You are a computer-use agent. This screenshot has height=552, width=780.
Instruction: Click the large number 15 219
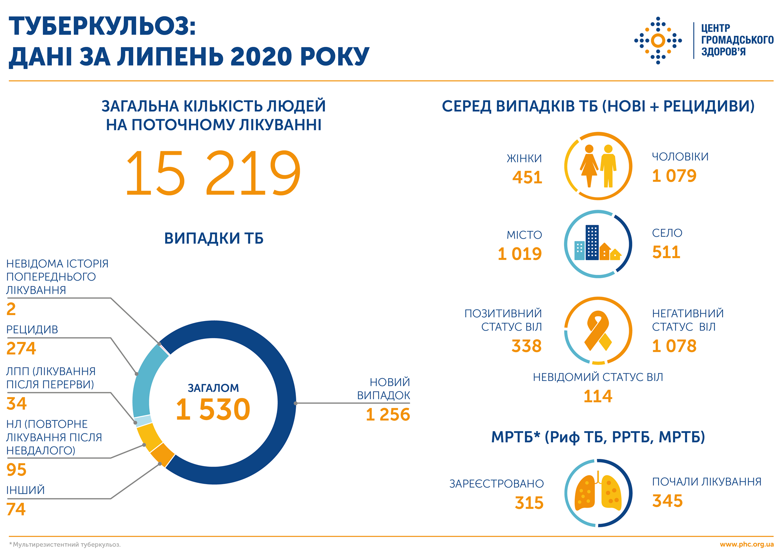[213, 173]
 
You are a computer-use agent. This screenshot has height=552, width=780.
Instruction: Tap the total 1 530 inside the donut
[213, 409]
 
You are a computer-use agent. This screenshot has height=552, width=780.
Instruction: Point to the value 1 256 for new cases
[387, 415]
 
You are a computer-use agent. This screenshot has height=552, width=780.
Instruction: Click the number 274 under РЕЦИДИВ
[21, 348]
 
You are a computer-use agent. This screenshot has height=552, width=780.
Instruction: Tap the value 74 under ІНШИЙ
[16, 509]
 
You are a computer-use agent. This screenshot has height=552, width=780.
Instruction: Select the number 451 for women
[527, 178]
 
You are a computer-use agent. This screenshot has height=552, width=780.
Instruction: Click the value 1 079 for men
[674, 176]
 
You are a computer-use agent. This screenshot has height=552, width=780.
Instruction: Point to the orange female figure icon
[589, 166]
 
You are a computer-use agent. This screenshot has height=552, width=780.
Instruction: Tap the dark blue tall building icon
[592, 242]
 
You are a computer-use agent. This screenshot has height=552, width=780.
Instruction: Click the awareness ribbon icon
[598, 331]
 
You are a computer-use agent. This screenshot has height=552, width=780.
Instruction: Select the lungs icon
[598, 494]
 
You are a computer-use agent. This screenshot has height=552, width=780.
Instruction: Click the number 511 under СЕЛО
[666, 252]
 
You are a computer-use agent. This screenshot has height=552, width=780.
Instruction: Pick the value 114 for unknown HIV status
[598, 396]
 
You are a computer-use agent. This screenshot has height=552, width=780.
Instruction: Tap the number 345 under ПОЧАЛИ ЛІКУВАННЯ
[667, 501]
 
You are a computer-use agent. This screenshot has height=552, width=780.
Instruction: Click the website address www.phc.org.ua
[746, 544]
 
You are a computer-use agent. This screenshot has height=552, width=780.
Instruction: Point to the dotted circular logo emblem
[658, 40]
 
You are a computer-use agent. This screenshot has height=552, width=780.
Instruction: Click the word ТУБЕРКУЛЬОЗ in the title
[102, 27]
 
